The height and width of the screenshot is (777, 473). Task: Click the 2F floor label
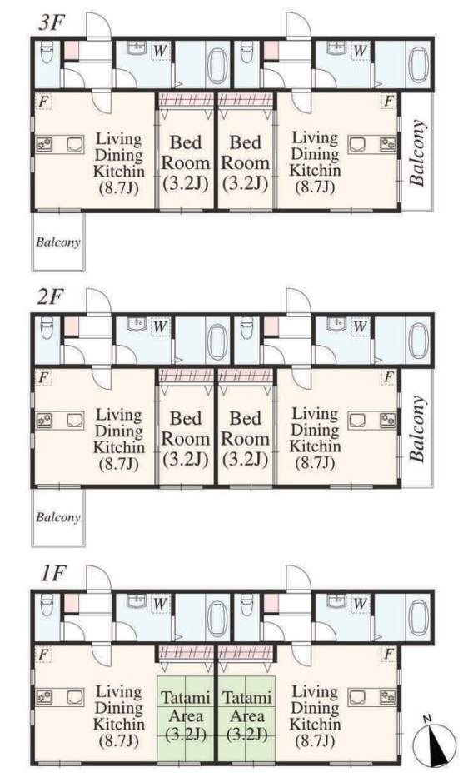pos(51,298)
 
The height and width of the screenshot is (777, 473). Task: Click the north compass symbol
pos(435,744)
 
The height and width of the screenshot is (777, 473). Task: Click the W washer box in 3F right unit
pos(360,51)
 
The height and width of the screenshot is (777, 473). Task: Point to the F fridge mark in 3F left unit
pos(43,102)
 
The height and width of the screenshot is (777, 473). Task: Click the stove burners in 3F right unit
pos(388,145)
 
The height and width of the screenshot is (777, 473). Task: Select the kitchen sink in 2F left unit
pos(74,421)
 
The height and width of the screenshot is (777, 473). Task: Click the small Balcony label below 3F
pos(58,242)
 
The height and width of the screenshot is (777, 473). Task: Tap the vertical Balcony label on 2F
pos(417,428)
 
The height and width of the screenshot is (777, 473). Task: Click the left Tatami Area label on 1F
pos(187,715)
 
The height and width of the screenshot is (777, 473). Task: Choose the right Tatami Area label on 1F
pos(246,715)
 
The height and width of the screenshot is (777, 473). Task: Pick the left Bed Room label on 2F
pos(186,439)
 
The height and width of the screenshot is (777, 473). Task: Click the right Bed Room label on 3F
pos(245,162)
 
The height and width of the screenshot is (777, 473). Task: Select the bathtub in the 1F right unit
pos(417,617)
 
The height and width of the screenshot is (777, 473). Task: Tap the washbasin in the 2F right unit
pos(336,324)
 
